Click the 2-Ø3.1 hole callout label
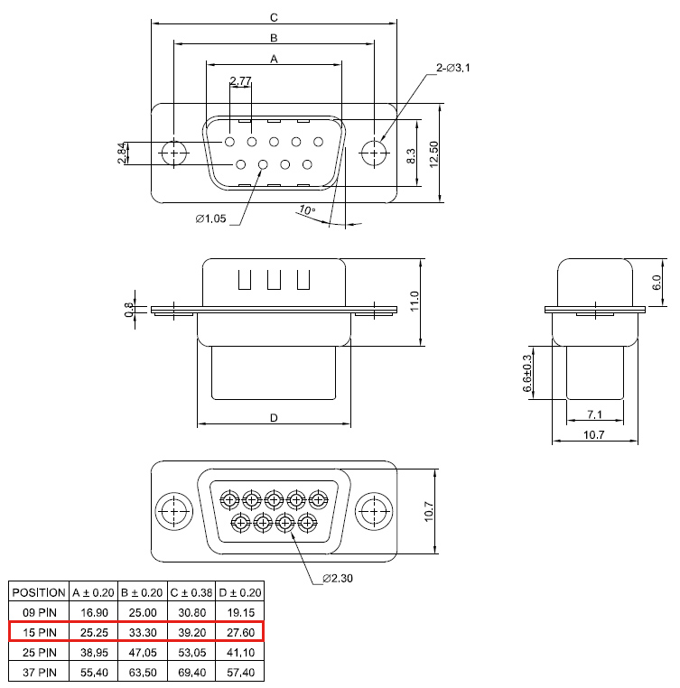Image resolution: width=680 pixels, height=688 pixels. tap(452, 68)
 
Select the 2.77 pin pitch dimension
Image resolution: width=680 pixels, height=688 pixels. tap(240, 80)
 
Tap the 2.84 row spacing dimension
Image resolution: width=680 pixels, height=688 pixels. tap(123, 153)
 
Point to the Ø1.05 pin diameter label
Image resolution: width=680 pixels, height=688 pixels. tap(210, 218)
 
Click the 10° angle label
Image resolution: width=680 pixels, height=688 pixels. tap(307, 209)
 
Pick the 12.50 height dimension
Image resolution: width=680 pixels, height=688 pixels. tap(433, 154)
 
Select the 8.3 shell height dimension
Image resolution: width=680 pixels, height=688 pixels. tap(411, 156)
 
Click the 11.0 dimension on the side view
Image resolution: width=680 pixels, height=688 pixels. tap(415, 302)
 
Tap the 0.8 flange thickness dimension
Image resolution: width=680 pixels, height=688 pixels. tap(128, 310)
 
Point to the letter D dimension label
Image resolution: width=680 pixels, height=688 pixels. tap(274, 418)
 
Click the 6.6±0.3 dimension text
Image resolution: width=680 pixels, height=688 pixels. tap(527, 373)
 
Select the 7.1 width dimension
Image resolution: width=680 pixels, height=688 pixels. tap(595, 414)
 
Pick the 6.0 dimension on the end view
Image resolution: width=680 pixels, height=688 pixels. tap(657, 282)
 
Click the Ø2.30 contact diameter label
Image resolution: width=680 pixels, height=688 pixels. tap(338, 579)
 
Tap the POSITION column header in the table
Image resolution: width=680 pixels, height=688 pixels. tap(39, 593)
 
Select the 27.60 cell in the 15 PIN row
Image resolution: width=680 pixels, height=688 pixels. tap(240, 633)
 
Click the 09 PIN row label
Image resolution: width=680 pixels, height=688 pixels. tap(40, 612)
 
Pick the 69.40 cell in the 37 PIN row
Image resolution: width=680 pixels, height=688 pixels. tap(191, 673)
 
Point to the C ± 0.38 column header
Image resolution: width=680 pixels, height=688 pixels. tap(191, 593)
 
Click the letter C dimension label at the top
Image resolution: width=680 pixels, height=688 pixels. tap(274, 17)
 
